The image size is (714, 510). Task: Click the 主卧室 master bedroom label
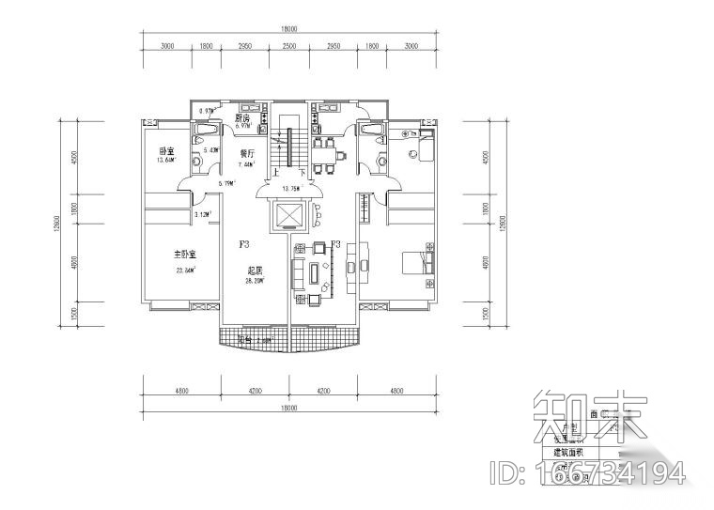(x=185, y=255)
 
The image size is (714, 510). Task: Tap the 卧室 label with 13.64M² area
(x=167, y=152)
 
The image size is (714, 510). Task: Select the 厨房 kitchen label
(x=242, y=119)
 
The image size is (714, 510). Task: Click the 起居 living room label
(x=254, y=270)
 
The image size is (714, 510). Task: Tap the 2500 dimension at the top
(x=289, y=46)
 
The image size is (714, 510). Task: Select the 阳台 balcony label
(x=246, y=339)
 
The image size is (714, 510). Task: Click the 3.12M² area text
(x=201, y=215)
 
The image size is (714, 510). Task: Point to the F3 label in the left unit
(x=244, y=244)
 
